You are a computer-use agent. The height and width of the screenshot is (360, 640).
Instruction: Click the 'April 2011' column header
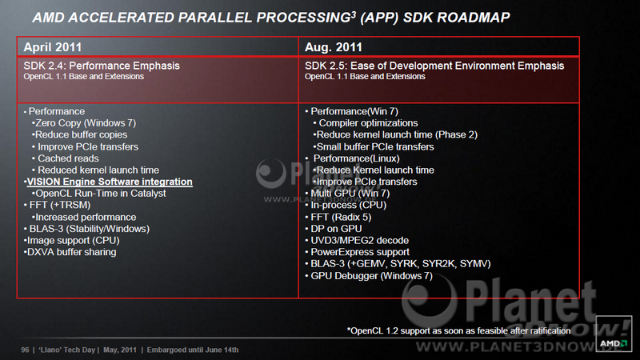point(53,47)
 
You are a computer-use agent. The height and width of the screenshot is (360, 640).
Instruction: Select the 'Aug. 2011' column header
point(334,47)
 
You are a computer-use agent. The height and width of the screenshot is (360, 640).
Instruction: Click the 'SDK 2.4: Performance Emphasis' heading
point(102,66)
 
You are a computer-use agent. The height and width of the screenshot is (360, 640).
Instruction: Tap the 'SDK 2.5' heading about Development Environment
point(434,66)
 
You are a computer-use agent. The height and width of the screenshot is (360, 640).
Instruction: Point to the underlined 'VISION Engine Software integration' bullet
point(110,182)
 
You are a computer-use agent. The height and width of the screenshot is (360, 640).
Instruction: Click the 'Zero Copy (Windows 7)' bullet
point(86,123)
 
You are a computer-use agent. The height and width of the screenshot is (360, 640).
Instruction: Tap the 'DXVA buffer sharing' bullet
point(71,252)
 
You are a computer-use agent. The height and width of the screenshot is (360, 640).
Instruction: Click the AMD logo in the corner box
point(614,343)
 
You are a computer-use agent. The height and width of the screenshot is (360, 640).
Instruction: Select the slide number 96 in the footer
point(25,350)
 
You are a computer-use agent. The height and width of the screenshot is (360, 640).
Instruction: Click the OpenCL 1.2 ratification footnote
point(458,330)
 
